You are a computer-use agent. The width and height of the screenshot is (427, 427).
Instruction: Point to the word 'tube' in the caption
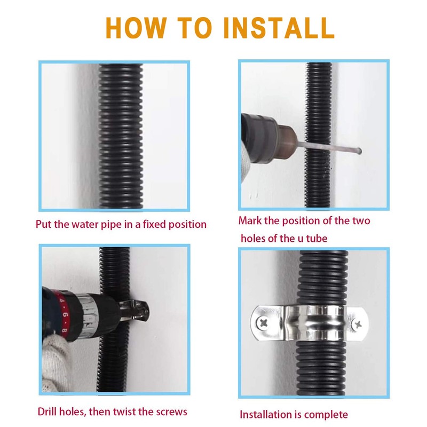[x=317, y=239]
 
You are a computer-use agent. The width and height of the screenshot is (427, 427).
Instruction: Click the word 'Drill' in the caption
[x=48, y=412]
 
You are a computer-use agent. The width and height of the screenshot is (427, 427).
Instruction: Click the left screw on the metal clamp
[x=263, y=323]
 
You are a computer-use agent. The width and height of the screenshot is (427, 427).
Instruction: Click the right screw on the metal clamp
[x=358, y=325]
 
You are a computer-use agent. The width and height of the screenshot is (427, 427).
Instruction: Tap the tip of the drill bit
[x=360, y=151]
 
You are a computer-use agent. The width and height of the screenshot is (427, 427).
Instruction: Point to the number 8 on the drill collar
[x=64, y=330]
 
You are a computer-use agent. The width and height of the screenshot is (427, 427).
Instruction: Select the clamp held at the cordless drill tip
[x=135, y=310]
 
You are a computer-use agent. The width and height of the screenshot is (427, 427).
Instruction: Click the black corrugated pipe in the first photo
[x=121, y=136]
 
